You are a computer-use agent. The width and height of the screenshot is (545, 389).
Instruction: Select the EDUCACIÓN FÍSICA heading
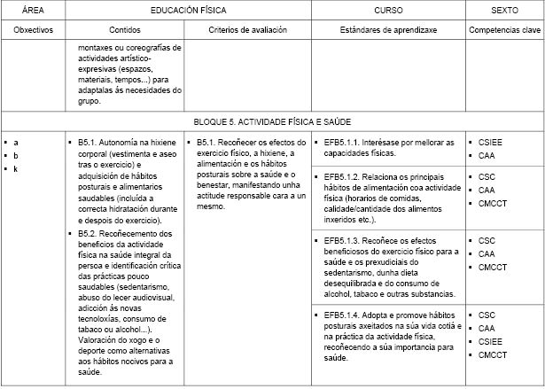point(187,10)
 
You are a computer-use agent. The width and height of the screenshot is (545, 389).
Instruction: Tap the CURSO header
point(389,10)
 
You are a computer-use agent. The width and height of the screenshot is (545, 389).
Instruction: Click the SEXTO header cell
point(505,10)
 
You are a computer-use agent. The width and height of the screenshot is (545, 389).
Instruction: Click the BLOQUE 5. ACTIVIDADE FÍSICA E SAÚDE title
point(273,120)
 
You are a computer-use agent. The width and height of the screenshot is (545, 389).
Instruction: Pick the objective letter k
point(16,168)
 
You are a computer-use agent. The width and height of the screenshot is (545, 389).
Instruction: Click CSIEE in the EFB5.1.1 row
point(491,142)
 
